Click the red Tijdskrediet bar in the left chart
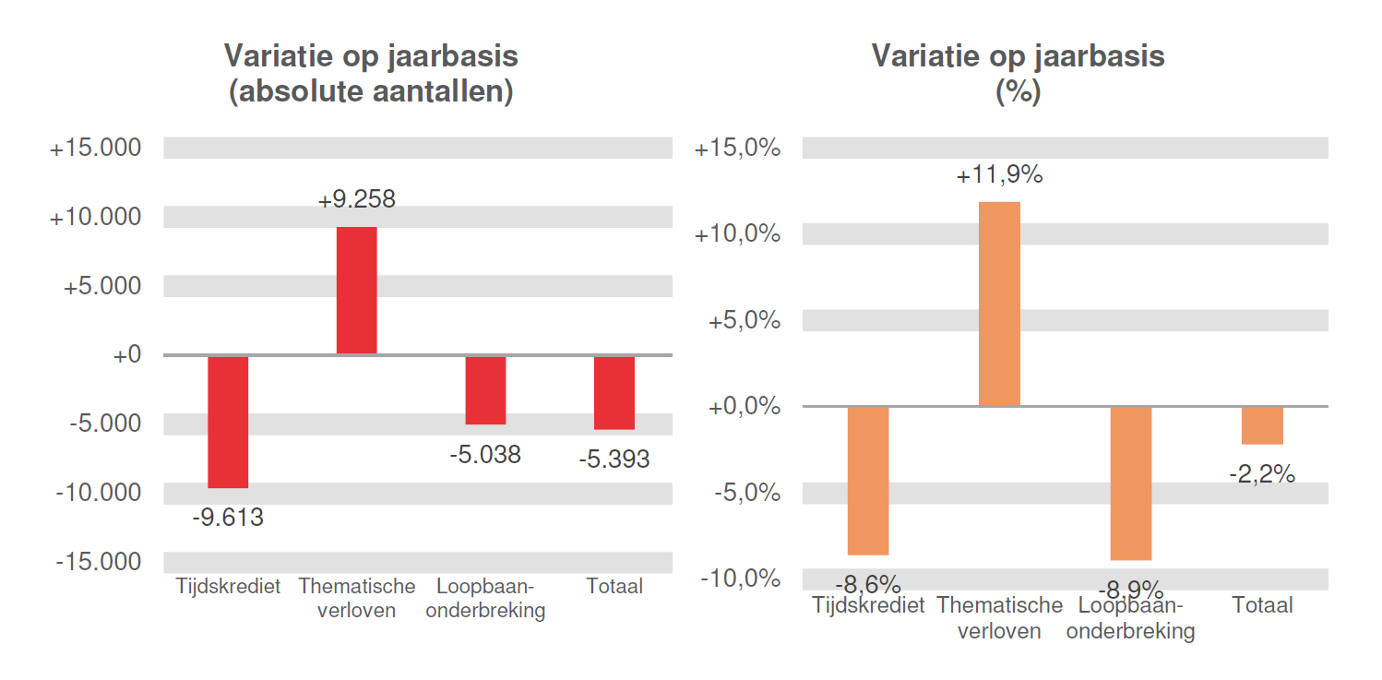(228, 422)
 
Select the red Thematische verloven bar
(356, 290)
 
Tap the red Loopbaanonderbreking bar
(485, 389)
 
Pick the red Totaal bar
(614, 392)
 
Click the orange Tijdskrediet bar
(867, 480)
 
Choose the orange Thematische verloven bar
(999, 304)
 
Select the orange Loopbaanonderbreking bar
(1130, 483)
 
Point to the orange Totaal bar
(1262, 425)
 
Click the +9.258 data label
(356, 199)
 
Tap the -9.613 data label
(228, 519)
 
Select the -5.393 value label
(614, 459)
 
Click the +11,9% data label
(999, 175)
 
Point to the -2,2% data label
(1262, 475)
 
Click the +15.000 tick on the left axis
(95, 148)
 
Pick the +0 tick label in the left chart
(126, 354)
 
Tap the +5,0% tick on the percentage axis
(744, 321)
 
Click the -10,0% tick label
(740, 579)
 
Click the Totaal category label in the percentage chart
(1262, 605)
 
